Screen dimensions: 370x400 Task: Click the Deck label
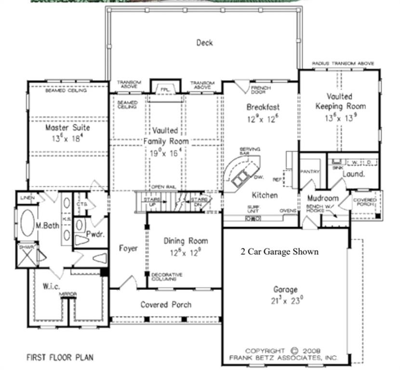coord(204,43)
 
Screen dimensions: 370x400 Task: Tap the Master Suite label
coord(67,128)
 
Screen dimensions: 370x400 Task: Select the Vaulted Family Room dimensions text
coord(165,153)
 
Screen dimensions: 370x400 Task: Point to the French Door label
coord(261,91)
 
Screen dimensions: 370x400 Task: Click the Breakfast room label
coord(263,107)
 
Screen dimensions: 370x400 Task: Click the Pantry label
coord(307,172)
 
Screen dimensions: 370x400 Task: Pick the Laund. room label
coord(353,174)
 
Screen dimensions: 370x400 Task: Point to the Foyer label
coord(128,249)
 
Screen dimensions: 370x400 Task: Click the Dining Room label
coord(186,241)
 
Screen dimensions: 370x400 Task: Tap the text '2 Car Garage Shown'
coord(280,251)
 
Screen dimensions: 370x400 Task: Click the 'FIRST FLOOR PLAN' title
coord(59,357)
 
